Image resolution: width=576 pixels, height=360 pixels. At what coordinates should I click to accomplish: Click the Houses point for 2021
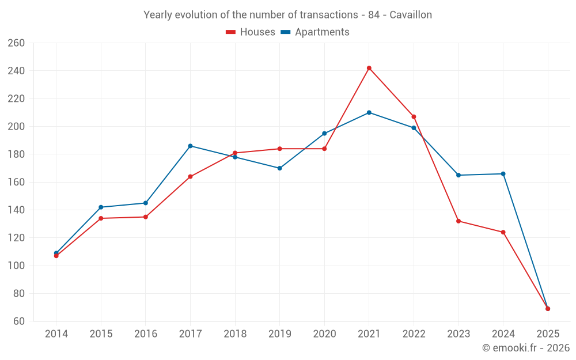[x=369, y=68]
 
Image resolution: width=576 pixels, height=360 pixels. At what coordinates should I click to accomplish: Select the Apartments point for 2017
[x=190, y=146]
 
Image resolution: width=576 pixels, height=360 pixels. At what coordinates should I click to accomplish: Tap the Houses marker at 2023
[x=458, y=221]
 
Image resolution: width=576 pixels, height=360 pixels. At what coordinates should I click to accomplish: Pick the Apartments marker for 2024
[x=503, y=174]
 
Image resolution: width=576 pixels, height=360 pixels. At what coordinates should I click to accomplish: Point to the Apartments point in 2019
[x=280, y=168]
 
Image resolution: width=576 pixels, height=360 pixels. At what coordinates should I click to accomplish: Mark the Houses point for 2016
[x=146, y=217]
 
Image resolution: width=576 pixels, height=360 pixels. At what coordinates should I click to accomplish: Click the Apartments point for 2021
[x=369, y=112]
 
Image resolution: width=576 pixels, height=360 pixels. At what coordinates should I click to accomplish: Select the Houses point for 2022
[x=414, y=117]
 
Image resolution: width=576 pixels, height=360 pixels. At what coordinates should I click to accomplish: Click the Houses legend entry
[x=251, y=32]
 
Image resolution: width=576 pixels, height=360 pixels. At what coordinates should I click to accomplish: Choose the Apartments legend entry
[x=315, y=32]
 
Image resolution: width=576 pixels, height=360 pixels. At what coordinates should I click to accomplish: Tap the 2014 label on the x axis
[x=56, y=334]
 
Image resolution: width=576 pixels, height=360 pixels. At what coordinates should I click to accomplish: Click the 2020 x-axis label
[x=324, y=334]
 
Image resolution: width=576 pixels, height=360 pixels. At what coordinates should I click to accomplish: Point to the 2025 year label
[x=548, y=334]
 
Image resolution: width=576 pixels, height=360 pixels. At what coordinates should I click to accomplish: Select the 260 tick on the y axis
[x=16, y=43]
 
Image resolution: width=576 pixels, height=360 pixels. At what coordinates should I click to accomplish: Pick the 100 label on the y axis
[x=16, y=266]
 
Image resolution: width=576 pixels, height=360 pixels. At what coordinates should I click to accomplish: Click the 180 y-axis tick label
[x=16, y=154]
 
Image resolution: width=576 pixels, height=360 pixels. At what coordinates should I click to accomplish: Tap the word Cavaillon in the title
[x=411, y=15]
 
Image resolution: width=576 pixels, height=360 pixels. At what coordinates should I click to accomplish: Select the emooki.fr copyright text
[x=526, y=348]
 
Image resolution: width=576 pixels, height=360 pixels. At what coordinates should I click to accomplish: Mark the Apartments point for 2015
[x=101, y=207]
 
